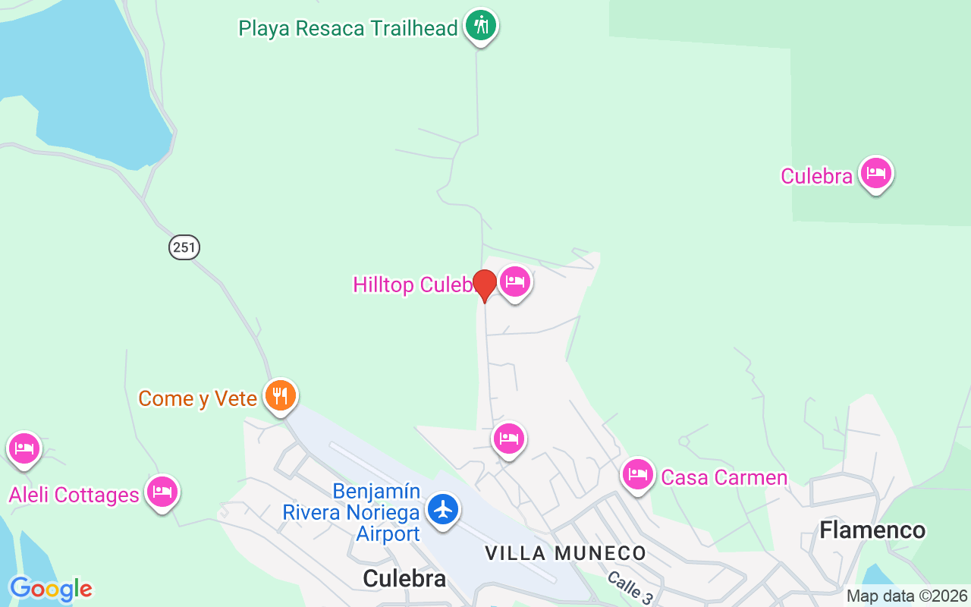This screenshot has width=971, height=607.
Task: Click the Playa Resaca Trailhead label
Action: pyautogui.click(x=348, y=29)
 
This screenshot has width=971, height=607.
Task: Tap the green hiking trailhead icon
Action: pyautogui.click(x=480, y=26)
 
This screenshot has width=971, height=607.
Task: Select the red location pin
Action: pyautogui.click(x=484, y=285)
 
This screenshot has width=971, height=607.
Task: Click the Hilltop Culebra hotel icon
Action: pyautogui.click(x=515, y=282)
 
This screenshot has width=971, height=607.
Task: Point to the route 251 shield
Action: pyautogui.click(x=184, y=247)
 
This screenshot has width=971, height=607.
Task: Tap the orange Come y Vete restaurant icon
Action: pyautogui.click(x=281, y=396)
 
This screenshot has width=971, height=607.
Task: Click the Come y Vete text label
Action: pyautogui.click(x=197, y=399)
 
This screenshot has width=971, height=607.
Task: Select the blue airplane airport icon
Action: pyautogui.click(x=443, y=509)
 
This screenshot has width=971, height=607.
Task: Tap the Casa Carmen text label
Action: pyautogui.click(x=724, y=477)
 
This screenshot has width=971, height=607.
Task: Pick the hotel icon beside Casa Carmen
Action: pyautogui.click(x=638, y=475)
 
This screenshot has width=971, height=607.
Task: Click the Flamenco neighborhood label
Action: pyautogui.click(x=872, y=530)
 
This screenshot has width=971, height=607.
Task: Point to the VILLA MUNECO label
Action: pyautogui.click(x=565, y=553)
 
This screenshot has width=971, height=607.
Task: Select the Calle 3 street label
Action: pyautogui.click(x=629, y=587)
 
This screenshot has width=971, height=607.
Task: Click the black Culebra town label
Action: pyautogui.click(x=404, y=578)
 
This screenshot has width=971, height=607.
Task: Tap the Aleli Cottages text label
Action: pyautogui.click(x=74, y=495)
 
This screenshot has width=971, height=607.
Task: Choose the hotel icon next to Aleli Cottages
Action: pyautogui.click(x=162, y=492)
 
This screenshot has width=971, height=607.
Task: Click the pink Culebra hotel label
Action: pyautogui.click(x=817, y=176)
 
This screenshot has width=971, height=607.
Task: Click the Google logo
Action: pyautogui.click(x=51, y=589)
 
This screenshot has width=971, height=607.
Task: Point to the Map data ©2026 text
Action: pyautogui.click(x=907, y=596)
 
